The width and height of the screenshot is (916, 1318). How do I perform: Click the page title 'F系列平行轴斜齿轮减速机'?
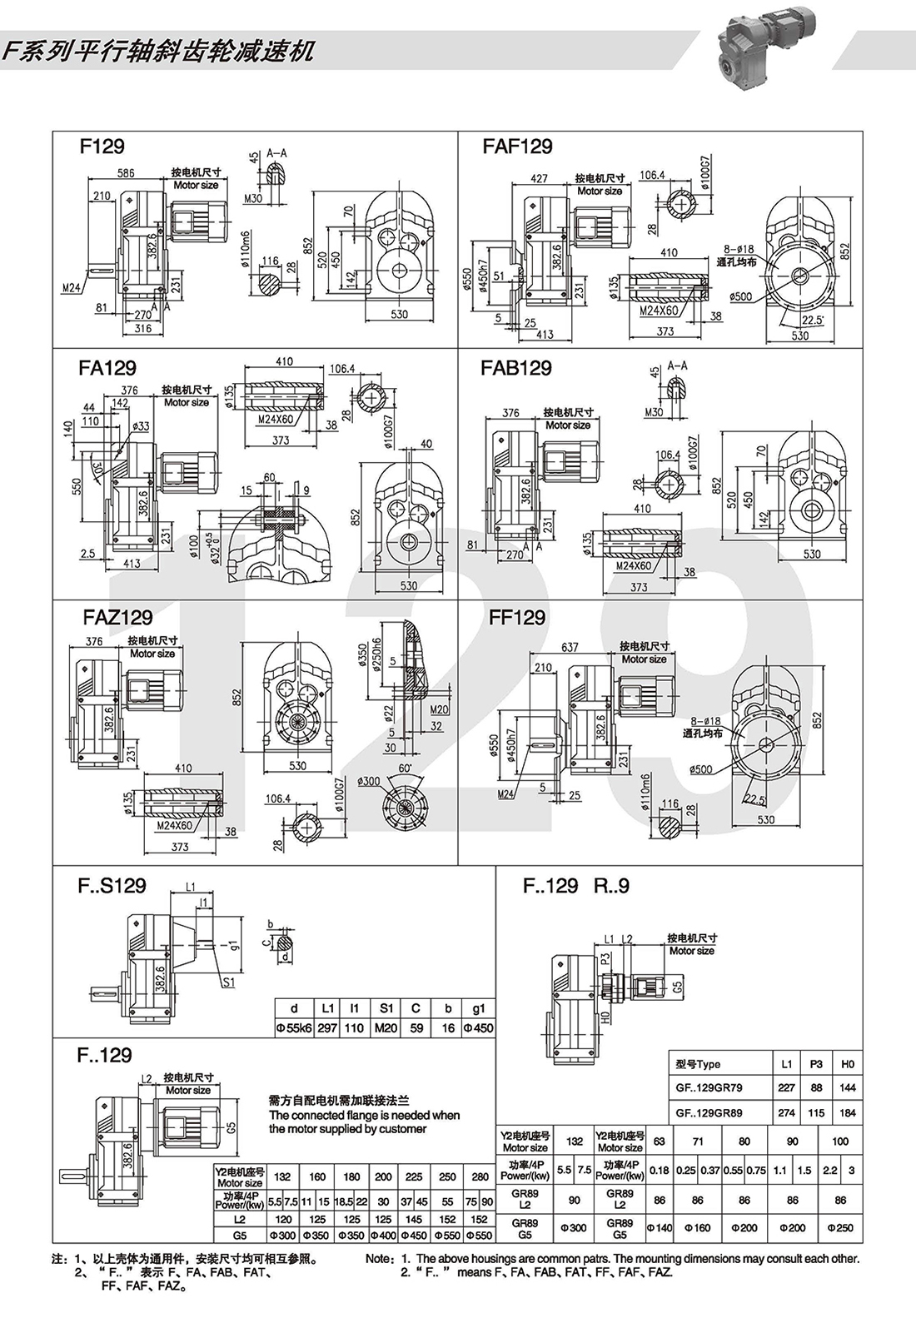click(x=158, y=52)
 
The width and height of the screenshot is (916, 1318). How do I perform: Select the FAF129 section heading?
click(x=517, y=147)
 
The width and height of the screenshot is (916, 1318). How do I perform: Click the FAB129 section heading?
click(x=515, y=368)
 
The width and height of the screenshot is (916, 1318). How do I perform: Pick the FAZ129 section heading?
click(x=117, y=618)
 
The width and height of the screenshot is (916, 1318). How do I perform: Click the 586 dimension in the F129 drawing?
click(x=126, y=173)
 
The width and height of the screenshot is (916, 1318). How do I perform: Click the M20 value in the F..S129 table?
click(x=386, y=1028)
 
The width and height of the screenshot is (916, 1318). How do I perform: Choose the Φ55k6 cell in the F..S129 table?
click(x=294, y=1028)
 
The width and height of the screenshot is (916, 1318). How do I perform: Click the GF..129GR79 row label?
click(x=708, y=1087)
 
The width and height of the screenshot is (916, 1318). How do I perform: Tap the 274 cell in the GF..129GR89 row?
click(x=786, y=1112)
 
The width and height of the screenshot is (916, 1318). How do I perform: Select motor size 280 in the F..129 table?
click(x=480, y=1176)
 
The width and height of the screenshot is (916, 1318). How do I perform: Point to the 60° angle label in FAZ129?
click(x=406, y=767)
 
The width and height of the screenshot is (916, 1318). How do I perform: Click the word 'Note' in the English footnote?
click(x=379, y=1259)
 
